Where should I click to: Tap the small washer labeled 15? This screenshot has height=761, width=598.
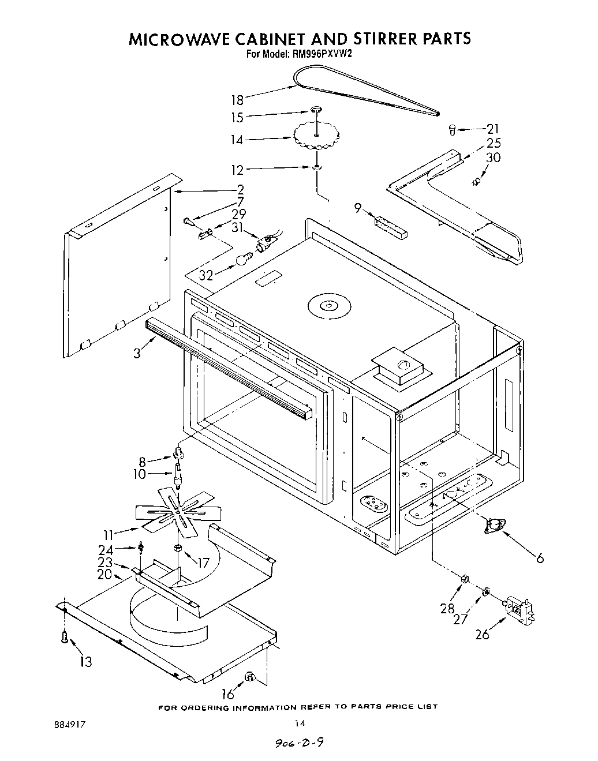point(316,109)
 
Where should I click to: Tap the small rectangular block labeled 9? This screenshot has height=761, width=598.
point(391,227)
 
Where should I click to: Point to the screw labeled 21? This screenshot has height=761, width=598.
point(453,130)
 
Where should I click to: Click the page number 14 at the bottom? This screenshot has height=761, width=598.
point(299,723)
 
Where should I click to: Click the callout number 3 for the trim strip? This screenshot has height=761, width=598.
point(137,353)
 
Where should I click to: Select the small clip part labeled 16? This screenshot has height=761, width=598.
point(250,676)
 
